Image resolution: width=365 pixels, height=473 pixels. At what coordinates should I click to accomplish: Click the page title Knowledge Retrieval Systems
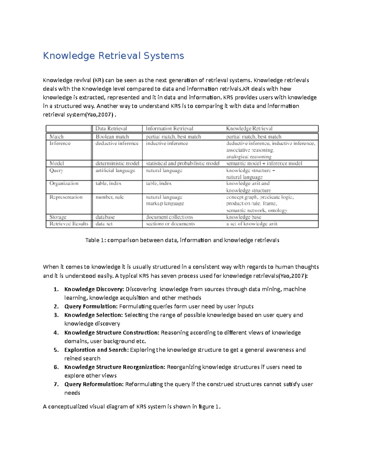pos(113,56)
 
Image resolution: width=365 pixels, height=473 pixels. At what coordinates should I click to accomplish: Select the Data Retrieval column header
pos(111,129)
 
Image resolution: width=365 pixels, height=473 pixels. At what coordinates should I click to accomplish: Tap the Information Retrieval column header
pos(169,129)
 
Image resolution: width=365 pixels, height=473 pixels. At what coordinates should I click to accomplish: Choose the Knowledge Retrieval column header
pos(249,129)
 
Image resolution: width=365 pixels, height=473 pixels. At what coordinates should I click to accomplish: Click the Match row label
pos(57,137)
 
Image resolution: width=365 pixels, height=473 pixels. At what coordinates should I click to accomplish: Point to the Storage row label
pos(58,217)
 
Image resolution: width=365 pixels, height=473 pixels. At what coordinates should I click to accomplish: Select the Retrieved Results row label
pos(69,224)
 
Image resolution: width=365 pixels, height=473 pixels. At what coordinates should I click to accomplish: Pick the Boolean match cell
pos(112,137)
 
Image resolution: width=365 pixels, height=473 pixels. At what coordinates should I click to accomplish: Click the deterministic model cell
pos(117,164)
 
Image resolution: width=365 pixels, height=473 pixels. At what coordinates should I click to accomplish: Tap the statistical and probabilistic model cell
pos(182,164)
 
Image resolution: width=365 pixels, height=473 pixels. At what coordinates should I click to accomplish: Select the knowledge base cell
pos(243,217)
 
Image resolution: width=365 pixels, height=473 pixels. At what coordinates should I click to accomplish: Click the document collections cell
pos(169,217)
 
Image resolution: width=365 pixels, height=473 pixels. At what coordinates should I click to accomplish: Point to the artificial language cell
pos(115,171)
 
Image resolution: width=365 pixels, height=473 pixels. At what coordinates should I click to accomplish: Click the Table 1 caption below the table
pos(182,240)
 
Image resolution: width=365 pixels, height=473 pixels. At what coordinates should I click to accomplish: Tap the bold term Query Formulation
pos(91,306)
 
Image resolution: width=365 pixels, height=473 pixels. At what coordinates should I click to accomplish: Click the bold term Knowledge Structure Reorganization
pos(115,367)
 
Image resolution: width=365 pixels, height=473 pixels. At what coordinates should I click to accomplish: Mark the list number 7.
pos(56,384)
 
